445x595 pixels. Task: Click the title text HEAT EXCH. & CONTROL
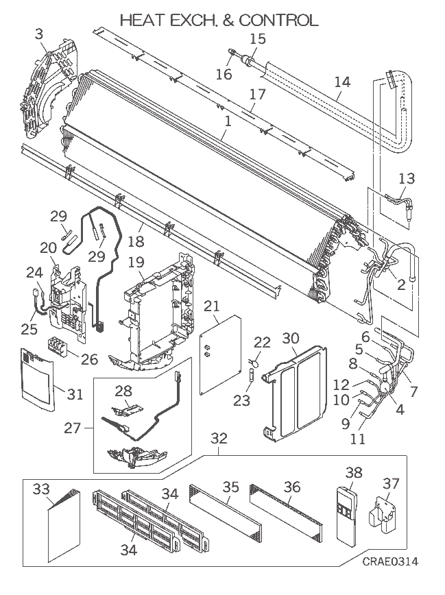coord(219,21)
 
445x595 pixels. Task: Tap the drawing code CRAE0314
coord(391,562)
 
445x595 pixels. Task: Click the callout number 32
coord(219,437)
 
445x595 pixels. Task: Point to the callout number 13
coord(406,178)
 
